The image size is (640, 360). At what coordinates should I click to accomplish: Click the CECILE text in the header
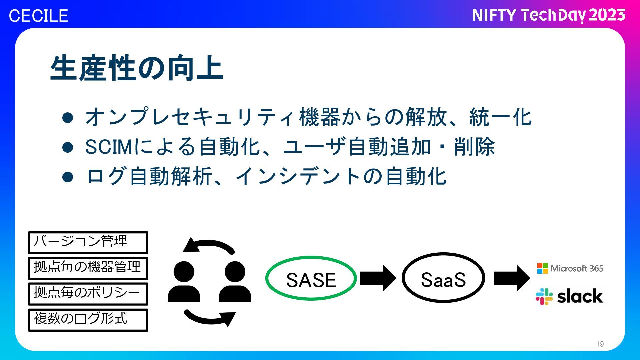pos(38,16)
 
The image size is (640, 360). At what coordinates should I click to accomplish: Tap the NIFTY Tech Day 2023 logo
pos(549,15)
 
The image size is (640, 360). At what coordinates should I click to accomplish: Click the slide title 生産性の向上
pos(137,68)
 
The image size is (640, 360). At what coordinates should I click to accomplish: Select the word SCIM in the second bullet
pos(109,147)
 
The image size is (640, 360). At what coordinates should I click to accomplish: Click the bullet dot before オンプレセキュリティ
pos(68,118)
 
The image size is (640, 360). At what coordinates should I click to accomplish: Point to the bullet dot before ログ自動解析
pos(68,177)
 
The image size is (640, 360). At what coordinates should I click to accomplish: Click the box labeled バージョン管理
pos(88,242)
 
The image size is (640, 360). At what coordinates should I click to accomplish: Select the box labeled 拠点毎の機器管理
pos(88,268)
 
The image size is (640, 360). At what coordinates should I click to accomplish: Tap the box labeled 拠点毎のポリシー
pos(88,294)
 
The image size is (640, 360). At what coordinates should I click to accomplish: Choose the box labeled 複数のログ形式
pos(88,320)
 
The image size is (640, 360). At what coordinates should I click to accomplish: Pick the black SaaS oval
pos(443,278)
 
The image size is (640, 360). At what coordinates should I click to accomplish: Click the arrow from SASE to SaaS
pos(378,278)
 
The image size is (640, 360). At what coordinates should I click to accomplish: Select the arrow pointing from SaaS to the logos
pos(511,278)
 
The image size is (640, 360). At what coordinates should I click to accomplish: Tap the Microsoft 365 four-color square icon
pos(542,268)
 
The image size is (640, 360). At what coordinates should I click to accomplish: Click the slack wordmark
pos(580,296)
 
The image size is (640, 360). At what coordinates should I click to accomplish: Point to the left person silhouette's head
pos(184,271)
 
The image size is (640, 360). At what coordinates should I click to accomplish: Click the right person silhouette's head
pos(235,271)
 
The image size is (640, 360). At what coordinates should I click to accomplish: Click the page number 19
pos(600,344)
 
